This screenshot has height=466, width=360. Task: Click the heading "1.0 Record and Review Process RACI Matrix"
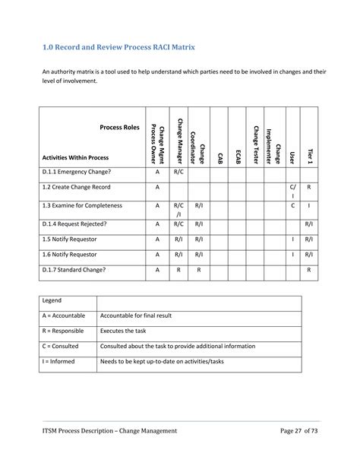118,47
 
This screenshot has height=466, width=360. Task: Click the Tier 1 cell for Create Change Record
309,186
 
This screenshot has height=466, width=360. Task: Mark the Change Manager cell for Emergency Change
178,172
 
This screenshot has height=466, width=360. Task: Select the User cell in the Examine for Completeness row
292,205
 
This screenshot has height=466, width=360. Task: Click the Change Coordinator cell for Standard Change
198,270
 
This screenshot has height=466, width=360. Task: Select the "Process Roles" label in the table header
120,128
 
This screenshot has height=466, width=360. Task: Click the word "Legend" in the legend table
54,301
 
